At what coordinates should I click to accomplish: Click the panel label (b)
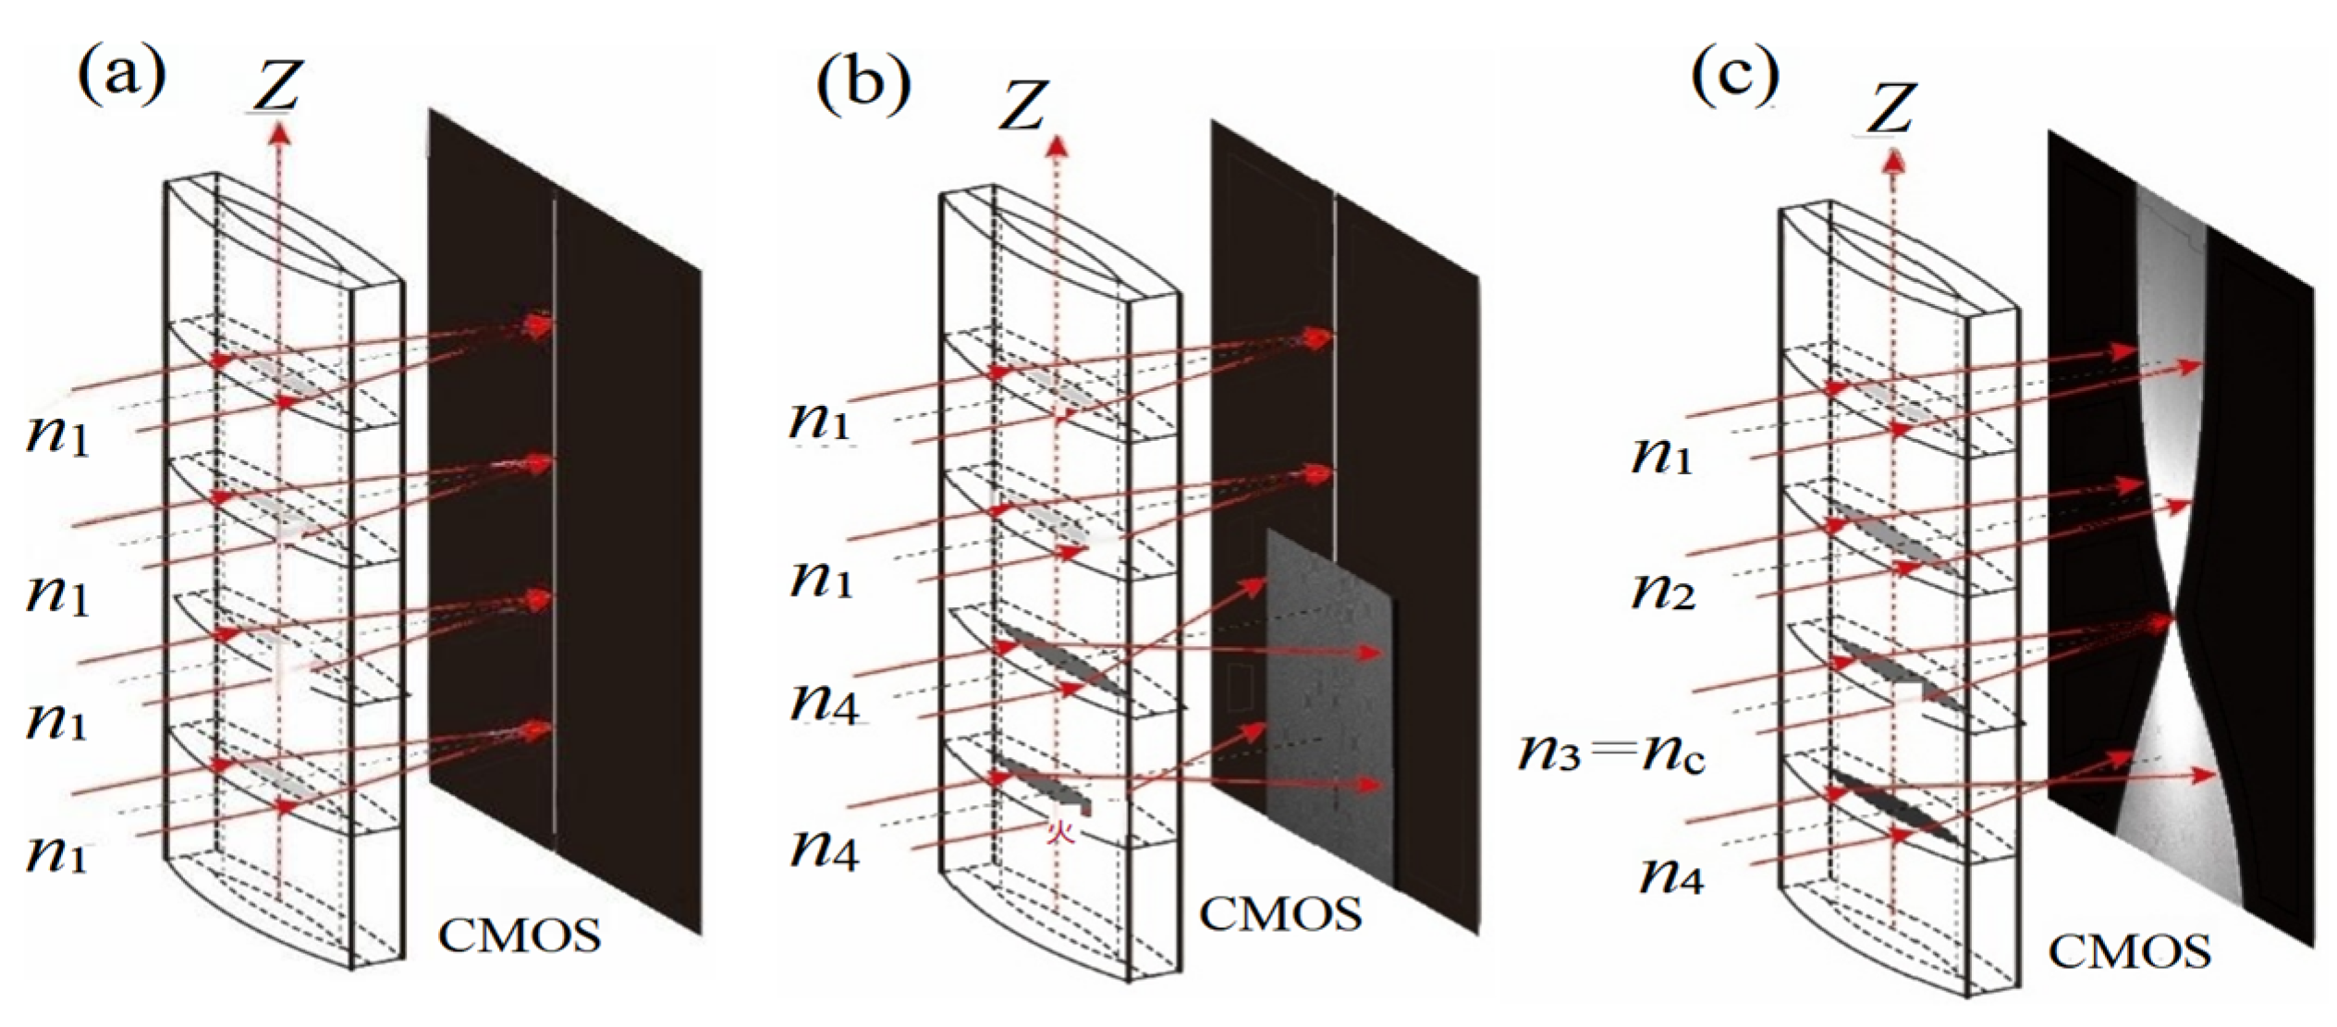pyautogui.click(x=863, y=90)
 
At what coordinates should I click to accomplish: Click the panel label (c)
pyautogui.click(x=1735, y=78)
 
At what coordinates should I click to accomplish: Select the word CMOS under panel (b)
pyautogui.click(x=1280, y=913)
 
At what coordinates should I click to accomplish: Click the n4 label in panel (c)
pyautogui.click(x=1671, y=874)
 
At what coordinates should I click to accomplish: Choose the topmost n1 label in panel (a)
pyautogui.click(x=57, y=435)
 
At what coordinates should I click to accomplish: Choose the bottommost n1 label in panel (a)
pyautogui.click(x=57, y=852)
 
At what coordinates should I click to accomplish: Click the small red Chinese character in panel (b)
pyautogui.click(x=1059, y=834)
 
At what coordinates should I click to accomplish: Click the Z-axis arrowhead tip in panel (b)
pyautogui.click(x=1057, y=143)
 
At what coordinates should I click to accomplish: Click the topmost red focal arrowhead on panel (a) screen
pyautogui.click(x=539, y=324)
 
